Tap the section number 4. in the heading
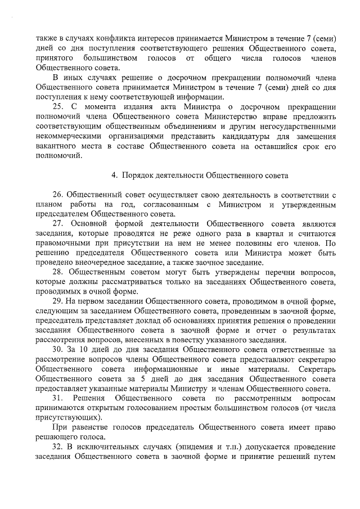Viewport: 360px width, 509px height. coord(114,175)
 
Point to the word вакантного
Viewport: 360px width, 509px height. coord(56,145)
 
